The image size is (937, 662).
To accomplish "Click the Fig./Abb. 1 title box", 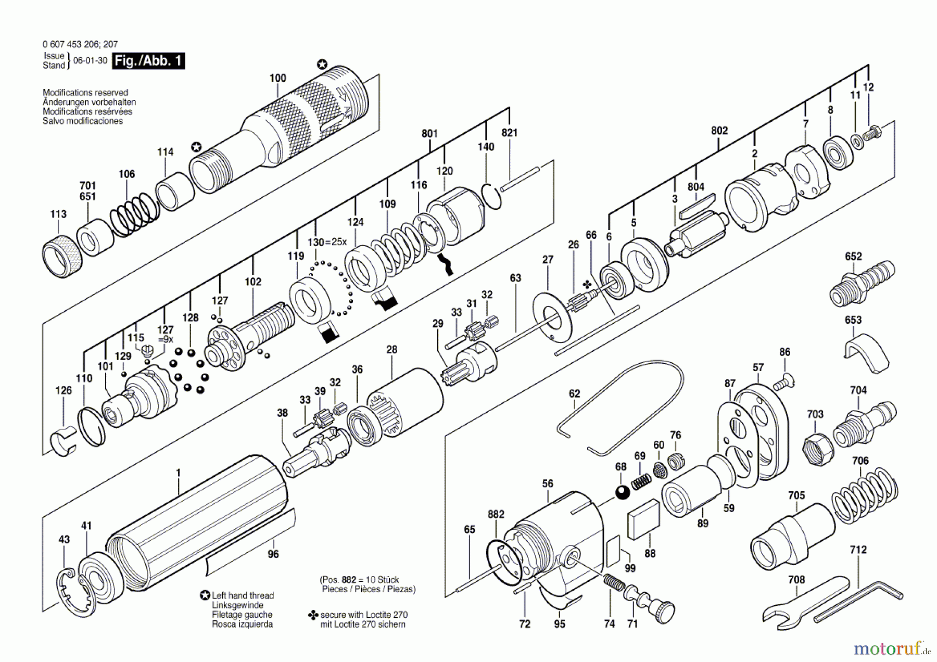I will coord(148,61).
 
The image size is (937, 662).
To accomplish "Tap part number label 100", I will coord(277,78).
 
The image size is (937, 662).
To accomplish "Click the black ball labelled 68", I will coord(623,492).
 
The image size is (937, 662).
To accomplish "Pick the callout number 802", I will coord(719,131).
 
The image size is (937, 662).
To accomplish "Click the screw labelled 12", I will coord(871,132).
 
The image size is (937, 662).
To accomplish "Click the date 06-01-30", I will coord(90,60).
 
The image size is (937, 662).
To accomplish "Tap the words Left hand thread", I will coord(243,595).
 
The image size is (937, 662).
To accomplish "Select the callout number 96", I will coord(273,554).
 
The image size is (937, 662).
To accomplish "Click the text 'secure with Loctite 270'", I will coord(364,615).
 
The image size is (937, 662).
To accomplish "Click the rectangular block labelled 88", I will coord(643,519).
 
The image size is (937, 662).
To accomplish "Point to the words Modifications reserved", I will coord(85,93).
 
